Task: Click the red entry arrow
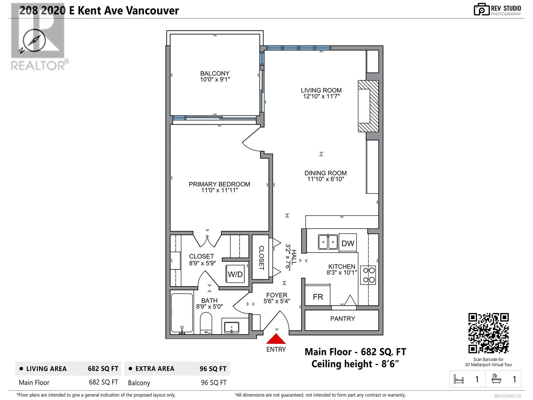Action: coord(276,339)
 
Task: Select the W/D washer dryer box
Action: coord(235,274)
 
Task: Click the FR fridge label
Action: coord(318,297)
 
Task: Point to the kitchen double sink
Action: coord(328,242)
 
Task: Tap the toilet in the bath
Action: coord(206,323)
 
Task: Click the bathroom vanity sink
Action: coord(232,327)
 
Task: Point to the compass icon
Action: coord(34,41)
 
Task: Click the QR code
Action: coord(488,333)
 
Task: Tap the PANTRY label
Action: coord(343,318)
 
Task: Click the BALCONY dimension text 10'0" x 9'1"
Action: coord(215,79)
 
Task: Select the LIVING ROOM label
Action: coord(321,90)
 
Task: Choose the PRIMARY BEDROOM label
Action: coord(219,184)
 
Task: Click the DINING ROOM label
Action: coord(325,173)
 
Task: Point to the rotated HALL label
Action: coord(294,257)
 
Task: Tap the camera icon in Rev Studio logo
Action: coord(481,9)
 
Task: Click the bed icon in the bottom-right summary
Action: coord(458,379)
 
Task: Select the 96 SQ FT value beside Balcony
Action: coord(214,383)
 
